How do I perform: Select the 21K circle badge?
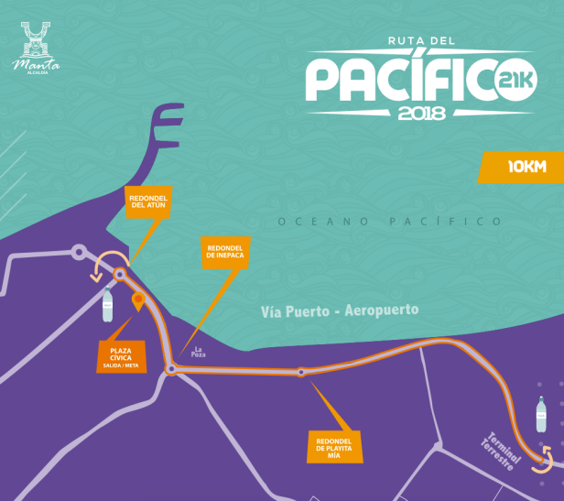point(515,82)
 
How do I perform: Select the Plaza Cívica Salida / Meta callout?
point(125,355)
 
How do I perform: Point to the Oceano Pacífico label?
point(390,222)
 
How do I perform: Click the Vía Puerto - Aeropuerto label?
point(340,310)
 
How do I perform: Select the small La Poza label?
point(199,351)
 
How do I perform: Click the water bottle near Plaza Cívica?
point(108,305)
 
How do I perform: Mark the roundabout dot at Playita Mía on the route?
point(300,372)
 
